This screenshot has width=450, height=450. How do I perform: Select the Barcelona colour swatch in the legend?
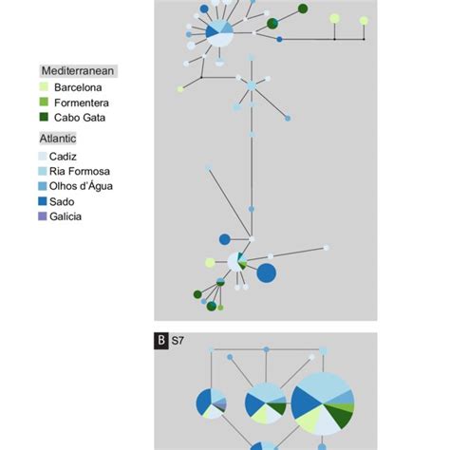pos(44,86)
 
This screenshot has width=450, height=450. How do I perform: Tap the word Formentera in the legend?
pos(82,102)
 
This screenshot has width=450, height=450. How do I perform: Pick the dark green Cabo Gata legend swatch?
pos(44,117)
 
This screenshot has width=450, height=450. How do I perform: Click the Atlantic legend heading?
pos(59,139)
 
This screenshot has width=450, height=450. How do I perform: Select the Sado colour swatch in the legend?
pos(44,201)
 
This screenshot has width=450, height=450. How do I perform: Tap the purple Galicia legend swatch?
pos(44,216)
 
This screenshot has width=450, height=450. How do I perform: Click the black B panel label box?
pos(162,340)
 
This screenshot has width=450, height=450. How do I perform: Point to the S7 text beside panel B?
pos(178,340)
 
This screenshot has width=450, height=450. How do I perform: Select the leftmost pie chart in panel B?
pos(211,403)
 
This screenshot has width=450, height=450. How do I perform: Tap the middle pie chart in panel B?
pos(266,403)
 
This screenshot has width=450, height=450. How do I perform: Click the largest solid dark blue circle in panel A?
pos(267,273)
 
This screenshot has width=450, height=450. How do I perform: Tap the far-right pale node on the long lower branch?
pos(326,248)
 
